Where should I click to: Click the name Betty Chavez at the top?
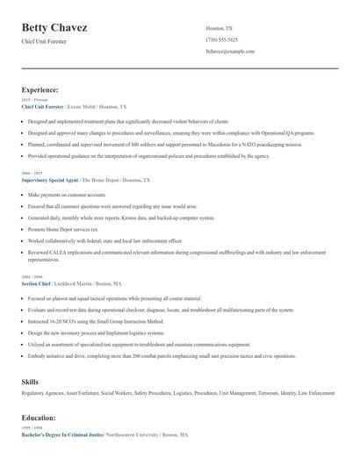click(x=54, y=28)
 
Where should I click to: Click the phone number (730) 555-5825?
click(x=221, y=39)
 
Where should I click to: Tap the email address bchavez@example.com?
click(x=230, y=52)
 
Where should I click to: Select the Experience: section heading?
click(x=40, y=89)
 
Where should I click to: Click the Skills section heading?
click(x=30, y=382)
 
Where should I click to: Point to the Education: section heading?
click(x=39, y=418)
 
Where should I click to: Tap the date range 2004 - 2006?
click(x=32, y=278)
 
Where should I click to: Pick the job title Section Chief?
click(x=36, y=284)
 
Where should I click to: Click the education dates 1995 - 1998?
click(x=31, y=428)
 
